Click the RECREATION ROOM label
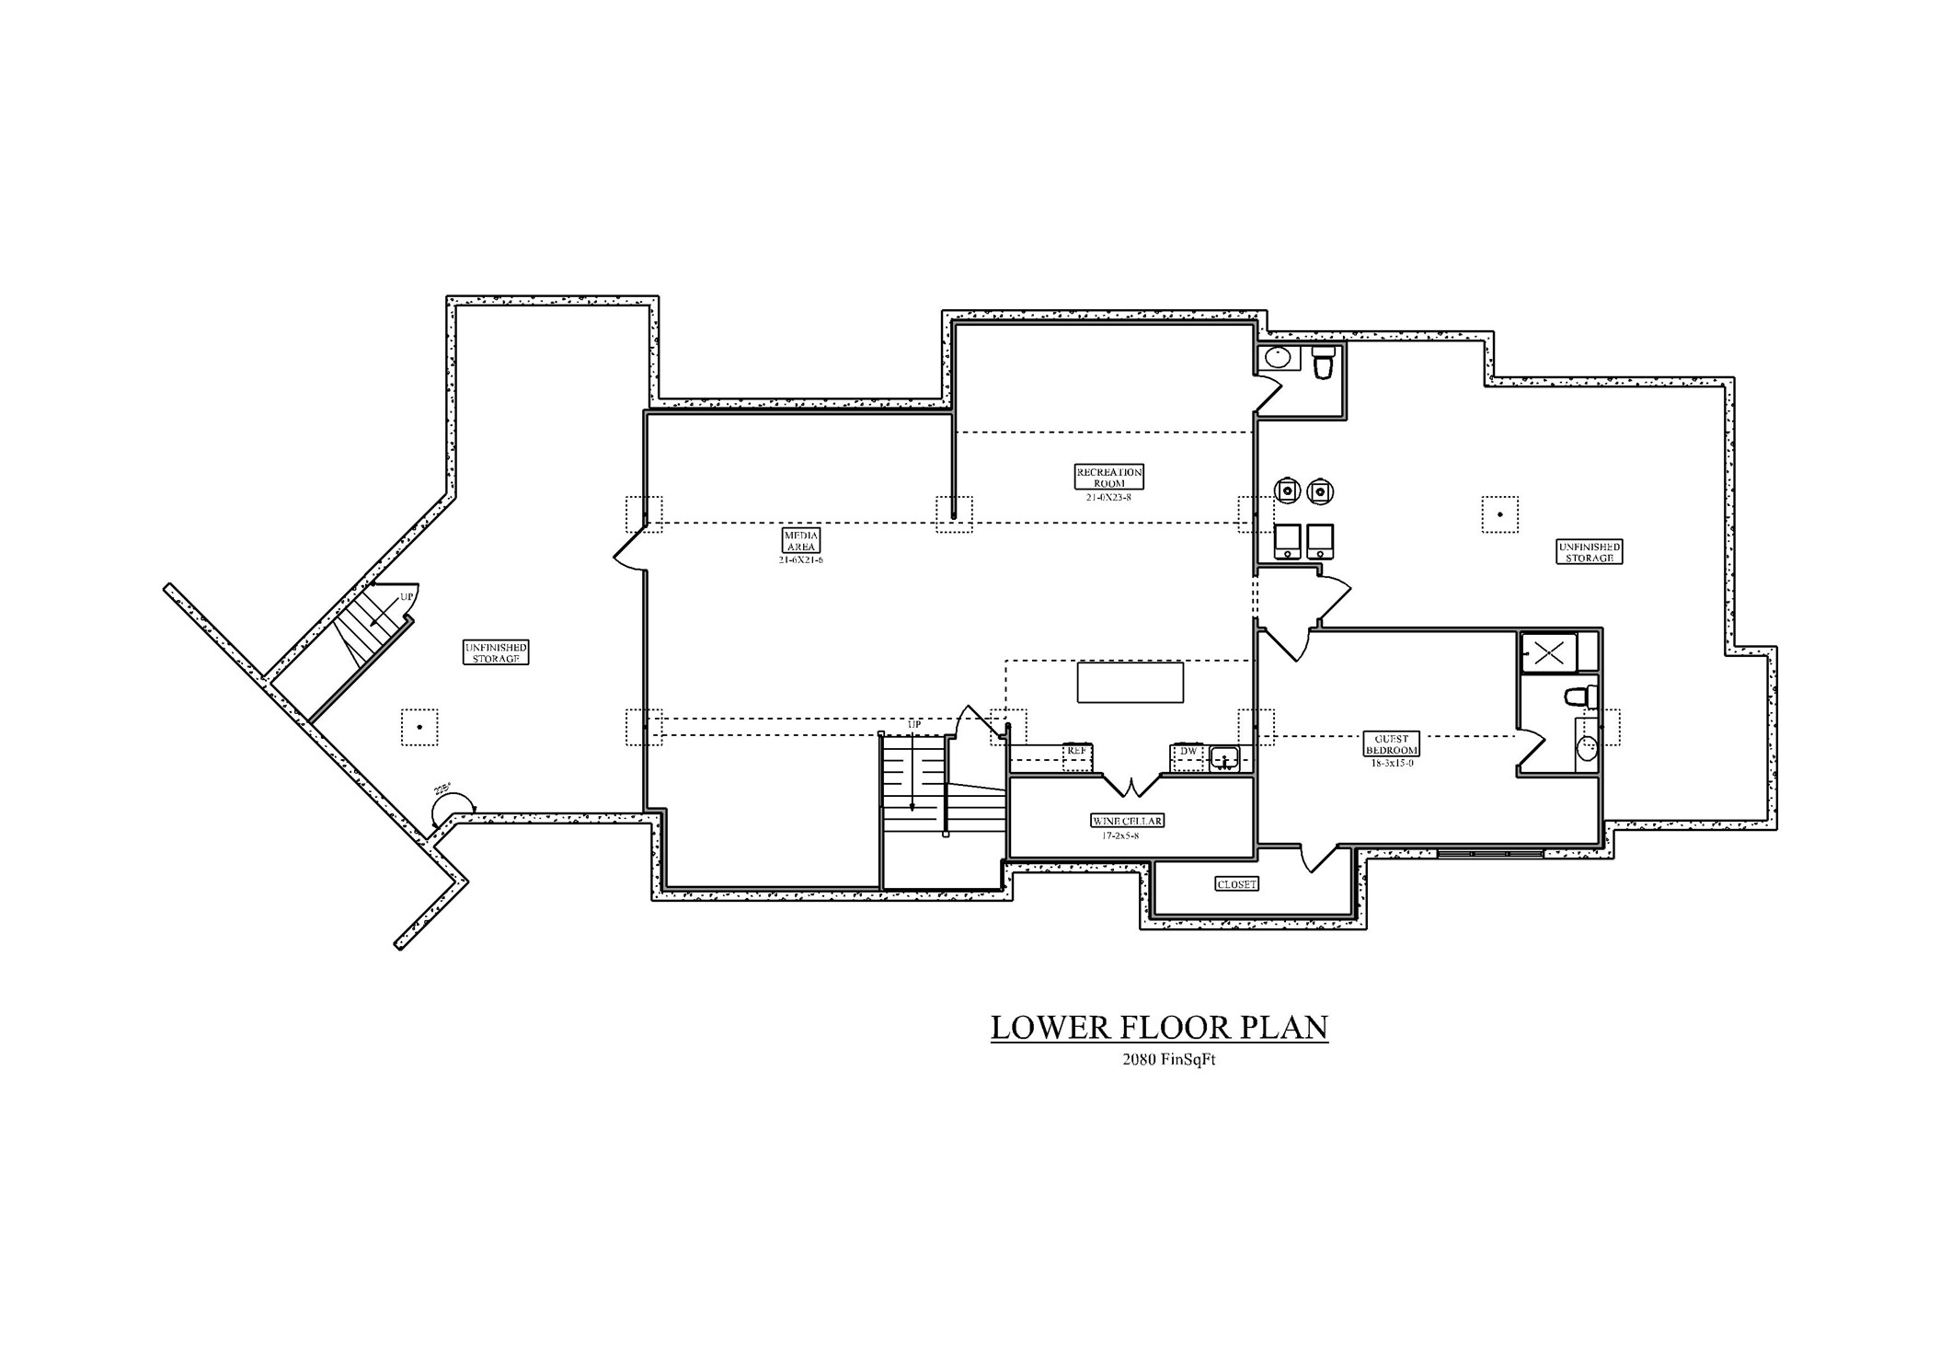pyautogui.click(x=1108, y=477)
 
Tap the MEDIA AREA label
pyautogui.click(x=800, y=540)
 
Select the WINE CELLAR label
pyautogui.click(x=1127, y=821)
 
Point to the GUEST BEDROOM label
pyautogui.click(x=1391, y=744)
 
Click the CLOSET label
pyautogui.click(x=1236, y=884)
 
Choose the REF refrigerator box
pyautogui.click(x=1076, y=752)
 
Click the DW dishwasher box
pyautogui.click(x=1188, y=752)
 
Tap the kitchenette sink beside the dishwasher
pyautogui.click(x=1224, y=759)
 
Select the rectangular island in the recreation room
pyautogui.click(x=1130, y=683)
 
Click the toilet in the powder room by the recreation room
pyautogui.click(x=1323, y=363)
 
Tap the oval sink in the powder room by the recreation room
pyautogui.click(x=1278, y=357)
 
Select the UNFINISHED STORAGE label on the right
pyautogui.click(x=1589, y=552)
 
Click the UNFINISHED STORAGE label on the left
pyautogui.click(x=496, y=653)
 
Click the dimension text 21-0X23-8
pyautogui.click(x=1108, y=497)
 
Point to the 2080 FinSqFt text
pyautogui.click(x=1168, y=1059)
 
